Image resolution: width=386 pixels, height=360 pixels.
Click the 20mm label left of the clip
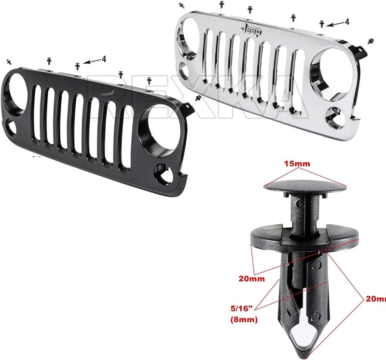(251, 279)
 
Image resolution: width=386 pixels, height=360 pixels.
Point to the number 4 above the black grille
(104, 59)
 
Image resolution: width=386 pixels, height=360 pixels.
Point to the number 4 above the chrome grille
(346, 22)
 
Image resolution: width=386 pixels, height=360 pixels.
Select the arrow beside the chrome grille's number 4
(335, 24)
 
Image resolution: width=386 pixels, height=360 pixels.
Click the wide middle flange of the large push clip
(304, 239)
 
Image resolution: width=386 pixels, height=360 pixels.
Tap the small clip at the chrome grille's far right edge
(371, 41)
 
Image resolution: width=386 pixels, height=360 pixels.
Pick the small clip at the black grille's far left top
(8, 61)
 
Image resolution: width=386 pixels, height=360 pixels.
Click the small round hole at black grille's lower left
(10, 129)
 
